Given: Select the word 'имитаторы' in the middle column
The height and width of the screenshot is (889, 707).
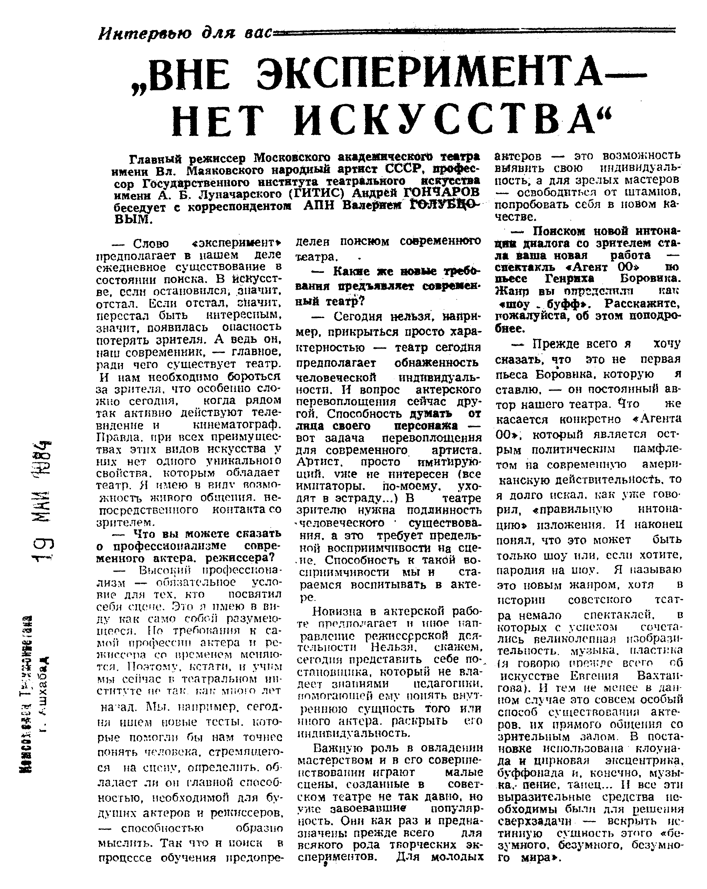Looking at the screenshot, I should (x=328, y=486).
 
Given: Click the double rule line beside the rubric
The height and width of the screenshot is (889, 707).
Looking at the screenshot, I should (x=474, y=30).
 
